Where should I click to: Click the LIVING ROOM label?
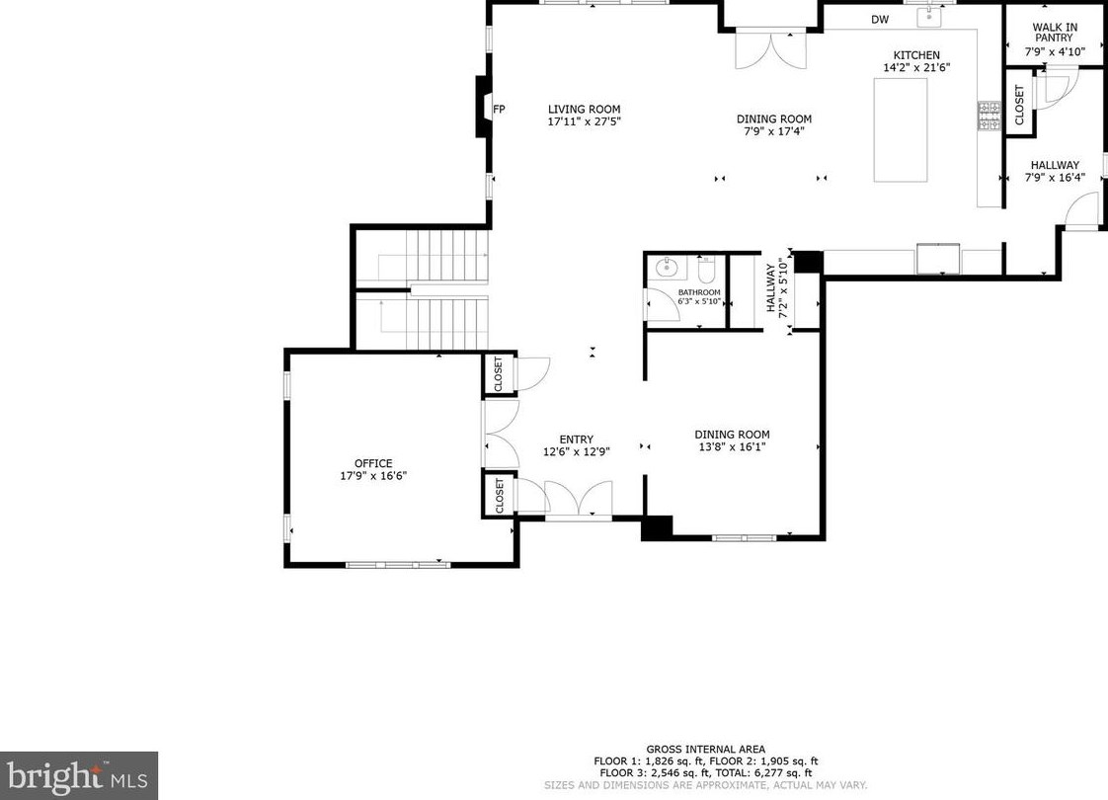click(x=584, y=110)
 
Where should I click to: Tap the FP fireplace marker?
click(x=499, y=110)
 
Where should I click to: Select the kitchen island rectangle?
click(x=900, y=129)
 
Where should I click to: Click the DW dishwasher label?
click(x=880, y=19)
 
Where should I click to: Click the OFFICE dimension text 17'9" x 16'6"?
click(x=373, y=475)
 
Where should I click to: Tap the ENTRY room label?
click(x=576, y=440)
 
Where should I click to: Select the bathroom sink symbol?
click(x=667, y=267)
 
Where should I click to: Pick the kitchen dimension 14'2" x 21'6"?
click(x=916, y=68)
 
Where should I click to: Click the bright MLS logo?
click(x=79, y=775)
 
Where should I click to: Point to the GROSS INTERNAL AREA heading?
click(x=705, y=750)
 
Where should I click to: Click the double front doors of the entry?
click(x=579, y=500)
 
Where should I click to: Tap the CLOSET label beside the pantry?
click(x=1019, y=105)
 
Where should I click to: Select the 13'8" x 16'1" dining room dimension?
click(x=732, y=446)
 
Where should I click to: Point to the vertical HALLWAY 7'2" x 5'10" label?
click(x=777, y=286)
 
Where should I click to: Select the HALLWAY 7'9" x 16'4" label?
click(x=1055, y=172)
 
